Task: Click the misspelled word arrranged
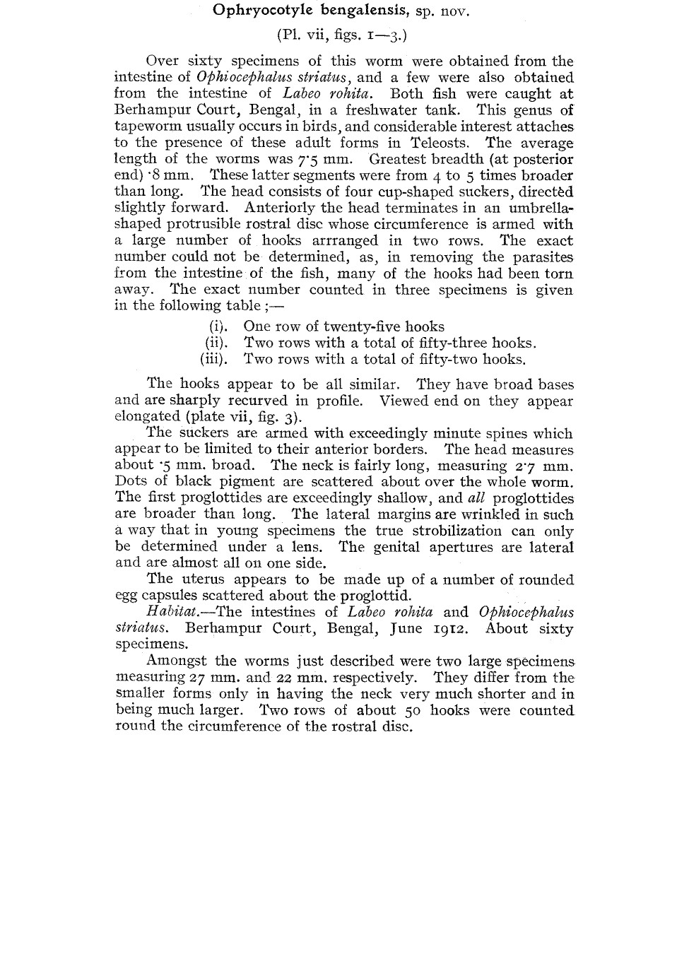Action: pos(343,240)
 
